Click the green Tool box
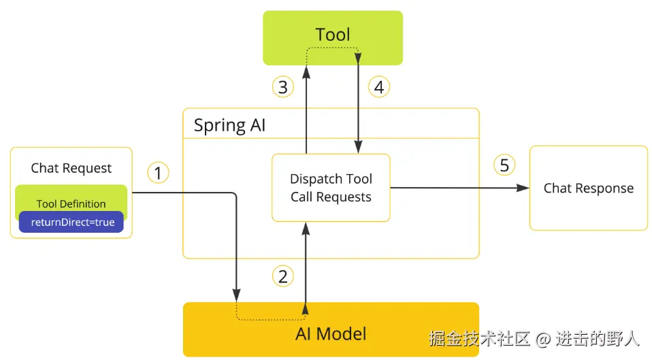click(x=333, y=38)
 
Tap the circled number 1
click(x=158, y=173)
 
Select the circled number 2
click(x=282, y=276)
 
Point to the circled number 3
click(x=282, y=87)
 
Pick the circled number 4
click(x=379, y=87)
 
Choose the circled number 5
click(x=504, y=165)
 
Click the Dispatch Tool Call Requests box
click(x=331, y=187)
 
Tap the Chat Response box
click(x=589, y=188)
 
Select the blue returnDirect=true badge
click(x=71, y=222)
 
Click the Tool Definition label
click(x=71, y=203)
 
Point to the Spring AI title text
click(x=229, y=125)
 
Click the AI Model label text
click(x=331, y=334)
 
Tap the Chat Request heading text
click(x=71, y=168)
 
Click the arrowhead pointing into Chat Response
click(x=523, y=188)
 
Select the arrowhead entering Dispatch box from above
click(x=358, y=147)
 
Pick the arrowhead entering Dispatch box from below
click(x=306, y=229)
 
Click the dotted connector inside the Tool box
click(x=333, y=48)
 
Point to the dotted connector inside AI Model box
click(x=271, y=319)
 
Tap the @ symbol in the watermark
click(x=543, y=339)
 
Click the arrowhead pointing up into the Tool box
click(x=306, y=72)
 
